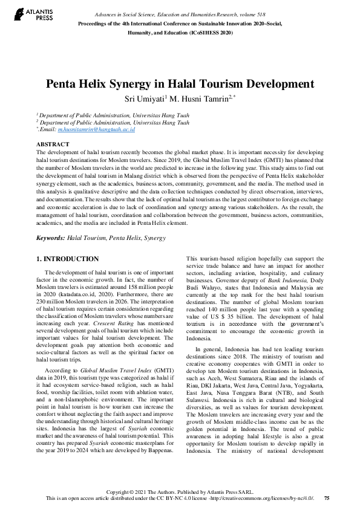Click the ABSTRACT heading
pos(53,144)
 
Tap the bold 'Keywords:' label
pos(50,238)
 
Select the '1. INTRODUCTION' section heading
pos(68,259)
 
